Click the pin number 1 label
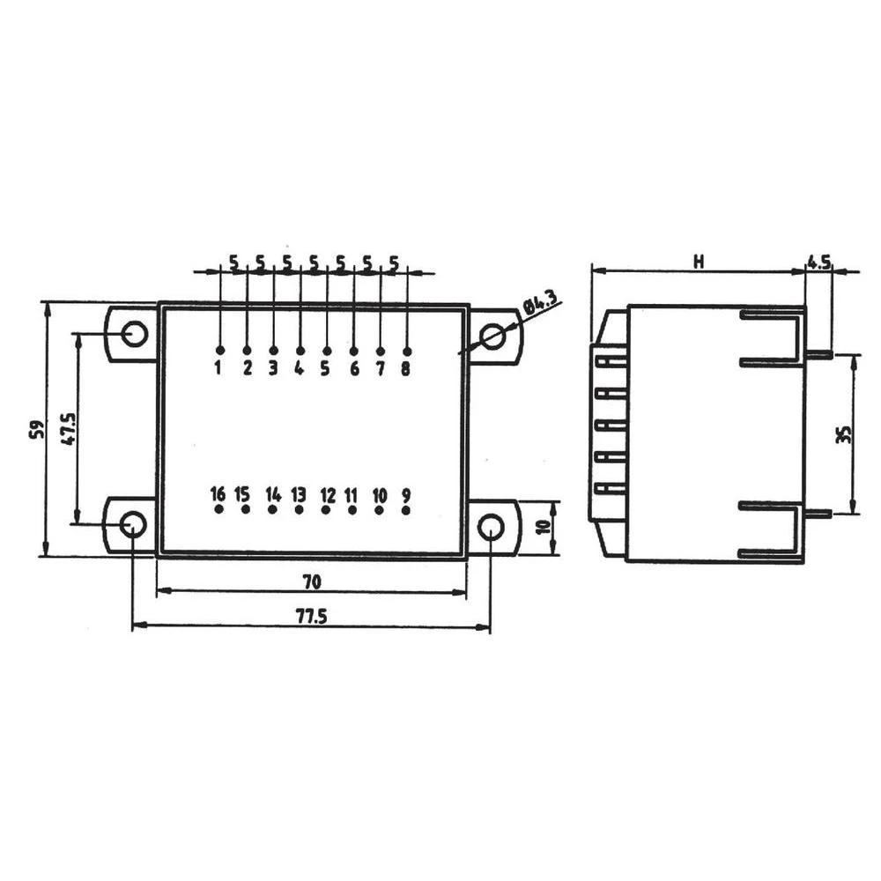point(218,369)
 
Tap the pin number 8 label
point(405,369)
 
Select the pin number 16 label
point(218,493)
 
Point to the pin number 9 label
point(406,493)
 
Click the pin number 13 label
point(299,493)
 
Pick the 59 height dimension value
point(36,429)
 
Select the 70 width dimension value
point(310,581)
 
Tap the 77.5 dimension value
point(311,616)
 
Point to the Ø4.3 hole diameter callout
point(540,306)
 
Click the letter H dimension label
point(698,262)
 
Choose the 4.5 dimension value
point(819,262)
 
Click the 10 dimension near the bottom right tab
point(544,529)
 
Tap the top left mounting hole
point(135,334)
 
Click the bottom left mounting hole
point(133,525)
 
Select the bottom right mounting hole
point(490,527)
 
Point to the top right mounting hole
point(493,336)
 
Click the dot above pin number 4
point(300,351)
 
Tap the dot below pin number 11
point(352,510)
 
